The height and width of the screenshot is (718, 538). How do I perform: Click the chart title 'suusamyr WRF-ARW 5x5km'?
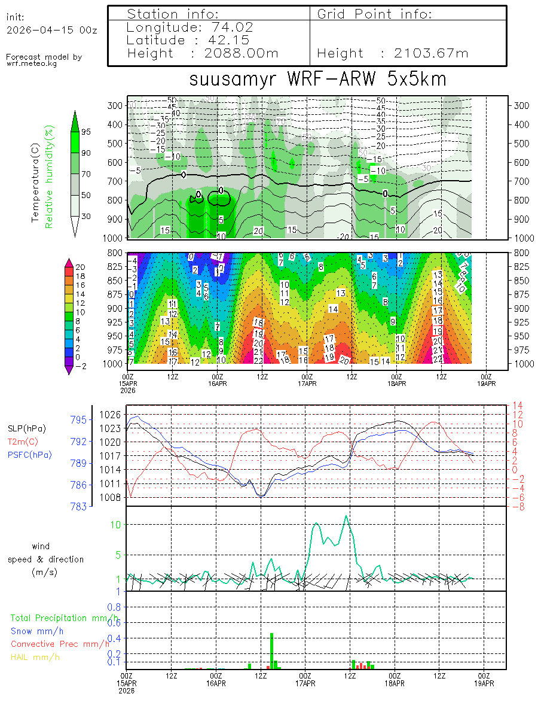click(317, 80)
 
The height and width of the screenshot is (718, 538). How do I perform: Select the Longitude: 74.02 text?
click(190, 28)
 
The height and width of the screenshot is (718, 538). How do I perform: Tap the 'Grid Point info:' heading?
click(375, 14)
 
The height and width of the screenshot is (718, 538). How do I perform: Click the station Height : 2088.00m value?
click(203, 53)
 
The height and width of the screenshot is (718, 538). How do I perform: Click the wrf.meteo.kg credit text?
click(32, 63)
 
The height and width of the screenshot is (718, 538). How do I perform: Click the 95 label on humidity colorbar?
click(86, 132)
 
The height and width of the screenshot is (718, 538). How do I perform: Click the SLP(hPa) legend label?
click(26, 428)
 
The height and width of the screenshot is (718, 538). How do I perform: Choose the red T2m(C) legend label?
click(22, 442)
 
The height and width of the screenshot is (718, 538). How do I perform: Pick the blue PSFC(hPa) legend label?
click(29, 455)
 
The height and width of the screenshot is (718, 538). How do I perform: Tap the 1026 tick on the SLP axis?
click(114, 415)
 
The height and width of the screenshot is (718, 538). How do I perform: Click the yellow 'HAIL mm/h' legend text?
click(36, 657)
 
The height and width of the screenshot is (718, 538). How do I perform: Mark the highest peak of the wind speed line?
click(346, 516)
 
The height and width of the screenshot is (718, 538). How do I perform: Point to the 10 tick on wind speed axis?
click(118, 525)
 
